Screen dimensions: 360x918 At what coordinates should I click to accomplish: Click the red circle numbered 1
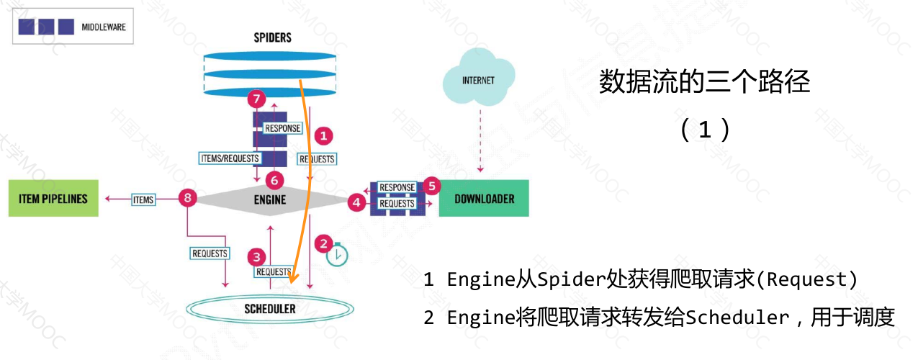tap(324, 135)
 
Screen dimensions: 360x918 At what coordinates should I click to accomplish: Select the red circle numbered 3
tap(256, 256)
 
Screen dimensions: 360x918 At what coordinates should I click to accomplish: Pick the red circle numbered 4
tap(357, 202)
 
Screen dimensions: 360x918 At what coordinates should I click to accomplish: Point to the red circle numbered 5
tap(431, 185)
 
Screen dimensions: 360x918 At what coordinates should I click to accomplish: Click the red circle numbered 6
tap(274, 179)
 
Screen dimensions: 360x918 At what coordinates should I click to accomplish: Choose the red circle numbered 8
tap(188, 198)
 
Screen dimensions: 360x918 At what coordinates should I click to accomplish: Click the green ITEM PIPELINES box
tap(53, 198)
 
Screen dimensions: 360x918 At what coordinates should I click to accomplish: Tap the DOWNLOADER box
tap(483, 198)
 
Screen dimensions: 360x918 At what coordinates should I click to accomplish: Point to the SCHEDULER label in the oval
tap(269, 309)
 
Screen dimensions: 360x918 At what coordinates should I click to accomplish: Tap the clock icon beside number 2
tap(337, 255)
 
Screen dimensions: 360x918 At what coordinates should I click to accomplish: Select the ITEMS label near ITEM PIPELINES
tap(143, 199)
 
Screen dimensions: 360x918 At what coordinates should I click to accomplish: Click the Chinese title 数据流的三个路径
tap(704, 83)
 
